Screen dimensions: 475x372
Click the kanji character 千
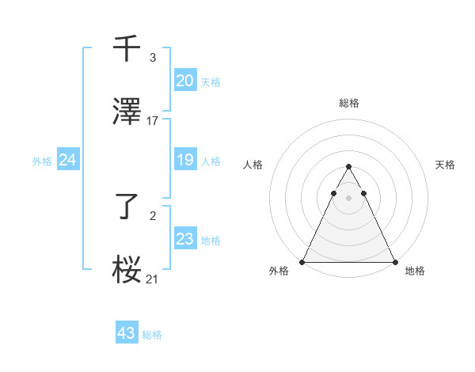[127, 48]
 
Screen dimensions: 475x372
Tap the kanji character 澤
[127, 112]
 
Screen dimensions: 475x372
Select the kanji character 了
[127, 208]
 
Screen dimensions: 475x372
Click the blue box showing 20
[184, 81]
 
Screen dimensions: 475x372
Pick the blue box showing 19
[184, 161]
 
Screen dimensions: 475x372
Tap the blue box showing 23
[184, 239]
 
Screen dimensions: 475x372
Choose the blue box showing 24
[68, 161]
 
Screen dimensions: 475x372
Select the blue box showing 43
[127, 333]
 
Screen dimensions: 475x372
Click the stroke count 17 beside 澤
[153, 121]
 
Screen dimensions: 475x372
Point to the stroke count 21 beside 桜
[153, 279]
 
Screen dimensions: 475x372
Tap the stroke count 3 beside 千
[152, 58]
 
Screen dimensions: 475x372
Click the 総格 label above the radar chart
[348, 104]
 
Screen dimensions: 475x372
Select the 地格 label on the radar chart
[415, 271]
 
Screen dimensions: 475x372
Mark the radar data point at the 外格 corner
[302, 262]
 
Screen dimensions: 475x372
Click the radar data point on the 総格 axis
[348, 167]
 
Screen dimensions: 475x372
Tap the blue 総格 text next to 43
[152, 335]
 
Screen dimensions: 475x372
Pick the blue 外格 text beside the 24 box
[42, 161]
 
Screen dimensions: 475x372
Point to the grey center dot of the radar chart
[348, 198]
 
